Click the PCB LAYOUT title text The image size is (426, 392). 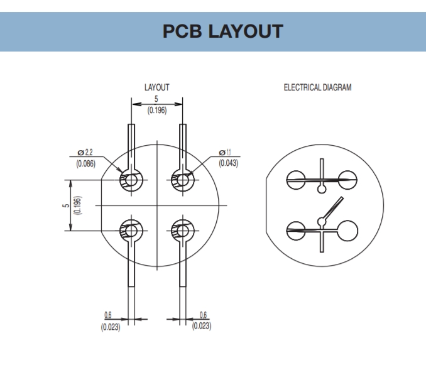[x=213, y=31]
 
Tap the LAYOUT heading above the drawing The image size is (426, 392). [x=156, y=87]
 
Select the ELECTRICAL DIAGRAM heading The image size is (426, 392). [x=317, y=87]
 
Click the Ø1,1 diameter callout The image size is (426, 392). [x=227, y=153]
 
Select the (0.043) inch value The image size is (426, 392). [x=227, y=163]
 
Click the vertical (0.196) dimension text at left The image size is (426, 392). [x=77, y=205]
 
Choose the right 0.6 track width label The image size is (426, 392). [x=202, y=315]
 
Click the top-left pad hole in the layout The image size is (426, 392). [x=131, y=181]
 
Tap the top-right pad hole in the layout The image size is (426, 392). [x=182, y=181]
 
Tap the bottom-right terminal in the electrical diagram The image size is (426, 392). [x=347, y=231]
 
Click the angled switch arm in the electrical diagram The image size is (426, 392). [x=333, y=209]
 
